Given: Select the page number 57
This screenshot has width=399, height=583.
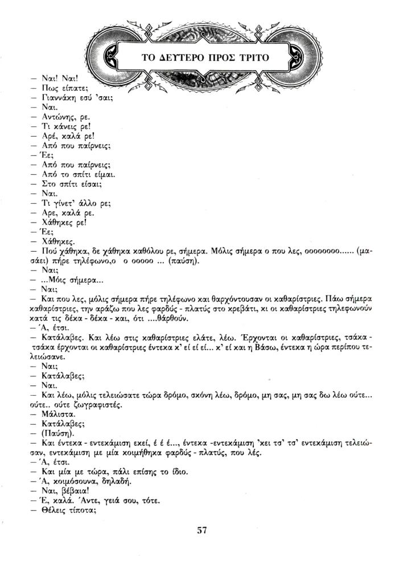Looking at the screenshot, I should click(x=201, y=530).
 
